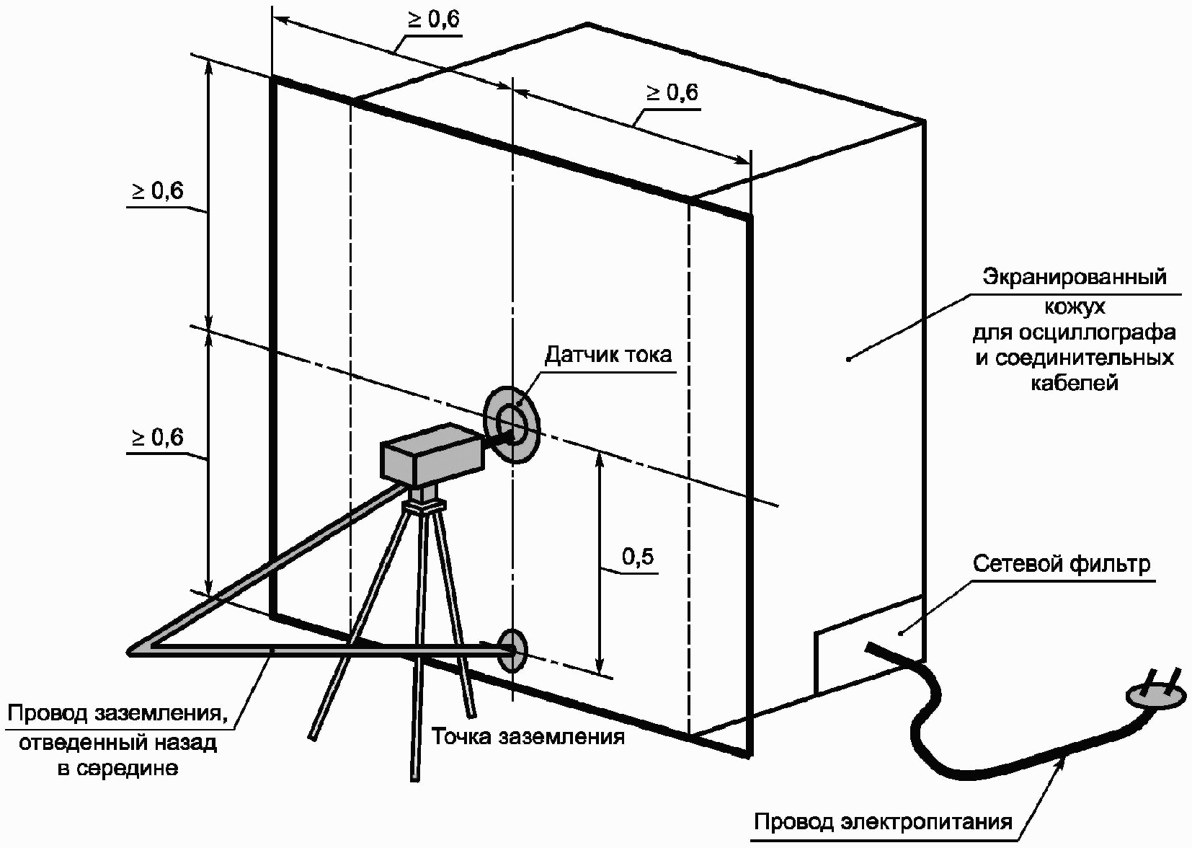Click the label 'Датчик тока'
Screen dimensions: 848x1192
(608, 355)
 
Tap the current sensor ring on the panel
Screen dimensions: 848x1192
(512, 423)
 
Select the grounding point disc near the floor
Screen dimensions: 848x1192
(512, 650)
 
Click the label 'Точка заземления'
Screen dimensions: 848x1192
(528, 737)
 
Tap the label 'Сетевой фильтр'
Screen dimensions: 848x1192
(1062, 564)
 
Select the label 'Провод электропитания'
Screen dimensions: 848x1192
(883, 821)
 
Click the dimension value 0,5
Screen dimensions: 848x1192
(638, 557)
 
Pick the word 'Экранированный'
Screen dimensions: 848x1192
(1075, 277)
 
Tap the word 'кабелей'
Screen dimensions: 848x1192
(1074, 383)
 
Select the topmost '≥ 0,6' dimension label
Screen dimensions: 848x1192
(434, 19)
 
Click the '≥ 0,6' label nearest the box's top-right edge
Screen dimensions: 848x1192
(672, 93)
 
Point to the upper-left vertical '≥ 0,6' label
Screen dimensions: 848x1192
(157, 191)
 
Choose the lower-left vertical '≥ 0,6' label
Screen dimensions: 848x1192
(157, 438)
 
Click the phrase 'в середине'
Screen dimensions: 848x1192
(117, 769)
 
